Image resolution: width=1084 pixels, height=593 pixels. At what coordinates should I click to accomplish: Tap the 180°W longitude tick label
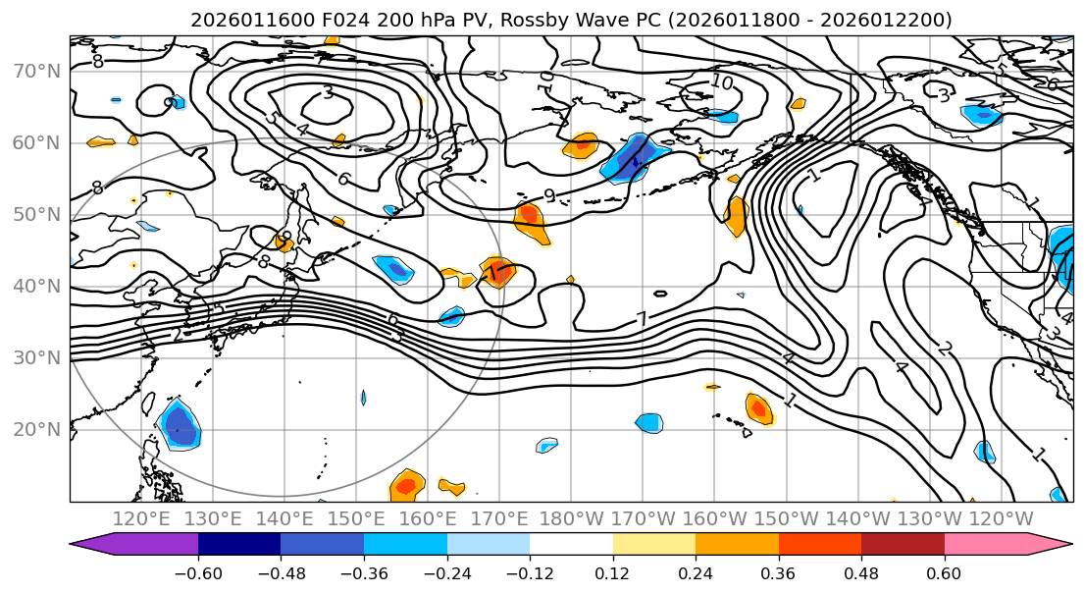click(x=571, y=517)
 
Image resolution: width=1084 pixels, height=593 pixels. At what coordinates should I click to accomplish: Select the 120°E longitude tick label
click(x=143, y=517)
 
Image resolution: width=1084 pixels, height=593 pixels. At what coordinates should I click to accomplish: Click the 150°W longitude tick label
click(x=786, y=517)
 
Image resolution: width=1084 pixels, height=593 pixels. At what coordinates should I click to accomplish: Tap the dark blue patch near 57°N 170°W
click(x=633, y=157)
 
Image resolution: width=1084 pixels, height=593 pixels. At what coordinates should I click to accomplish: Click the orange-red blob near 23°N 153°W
click(x=758, y=405)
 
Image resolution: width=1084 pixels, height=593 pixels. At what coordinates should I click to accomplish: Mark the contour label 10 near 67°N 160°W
click(x=722, y=82)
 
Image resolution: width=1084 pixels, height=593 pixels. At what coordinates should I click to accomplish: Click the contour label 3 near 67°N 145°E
click(x=327, y=92)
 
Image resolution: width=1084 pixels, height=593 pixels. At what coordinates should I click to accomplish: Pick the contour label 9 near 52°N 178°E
click(x=549, y=195)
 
